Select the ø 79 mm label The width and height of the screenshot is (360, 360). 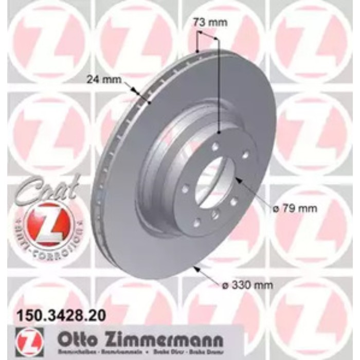tap(295, 209)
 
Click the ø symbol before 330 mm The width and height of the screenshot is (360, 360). tap(229, 284)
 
